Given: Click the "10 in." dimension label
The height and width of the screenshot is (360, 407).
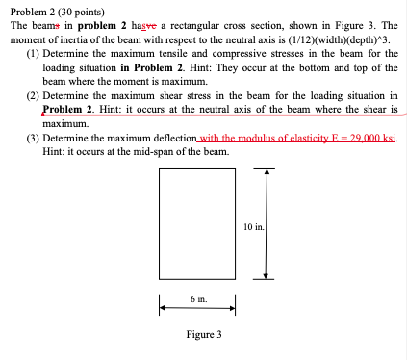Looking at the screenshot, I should pos(255,227).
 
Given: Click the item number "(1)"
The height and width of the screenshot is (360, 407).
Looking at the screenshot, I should pos(34,56).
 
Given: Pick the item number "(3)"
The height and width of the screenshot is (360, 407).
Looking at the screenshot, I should pos(34,139).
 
